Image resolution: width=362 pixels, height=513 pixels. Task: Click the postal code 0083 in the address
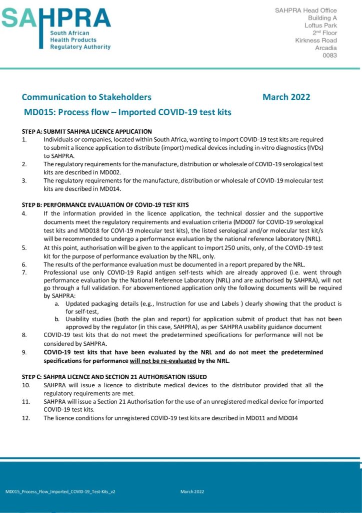pyautogui.click(x=329, y=56)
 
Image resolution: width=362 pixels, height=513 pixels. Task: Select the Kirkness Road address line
pyautogui.click(x=316, y=41)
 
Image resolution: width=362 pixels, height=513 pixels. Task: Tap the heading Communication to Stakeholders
pyautogui.click(x=86, y=97)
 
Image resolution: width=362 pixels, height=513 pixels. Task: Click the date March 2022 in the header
pyautogui.click(x=286, y=97)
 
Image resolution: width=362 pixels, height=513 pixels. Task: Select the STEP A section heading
pyautogui.click(x=86, y=131)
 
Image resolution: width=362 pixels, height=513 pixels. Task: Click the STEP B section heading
pyautogui.click(x=105, y=205)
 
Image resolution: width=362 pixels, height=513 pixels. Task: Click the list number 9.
pyautogui.click(x=24, y=352)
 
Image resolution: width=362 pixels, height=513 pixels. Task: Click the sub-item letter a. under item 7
pyautogui.click(x=57, y=304)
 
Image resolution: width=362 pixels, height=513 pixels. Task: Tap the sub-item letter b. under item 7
pyautogui.click(x=57, y=319)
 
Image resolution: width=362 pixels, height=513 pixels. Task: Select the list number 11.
pyautogui.click(x=25, y=402)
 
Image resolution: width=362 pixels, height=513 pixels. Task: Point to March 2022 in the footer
pyautogui.click(x=192, y=492)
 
